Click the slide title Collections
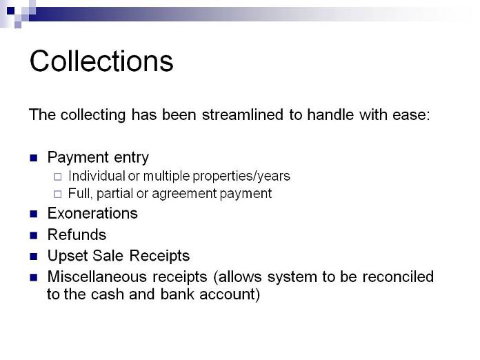click(101, 61)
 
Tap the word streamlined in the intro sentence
click(243, 114)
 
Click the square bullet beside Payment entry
click(33, 158)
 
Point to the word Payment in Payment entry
click(78, 158)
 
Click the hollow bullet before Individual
click(57, 177)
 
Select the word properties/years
click(241, 177)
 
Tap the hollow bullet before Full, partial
click(57, 194)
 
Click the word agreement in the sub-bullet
click(184, 194)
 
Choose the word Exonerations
click(92, 213)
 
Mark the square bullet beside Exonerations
click(33, 214)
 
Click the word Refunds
click(77, 234)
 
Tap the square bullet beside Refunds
click(33, 235)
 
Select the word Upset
click(68, 257)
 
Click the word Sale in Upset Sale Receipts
click(108, 256)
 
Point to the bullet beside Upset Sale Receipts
click(33, 257)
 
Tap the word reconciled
click(398, 277)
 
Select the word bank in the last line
click(177, 294)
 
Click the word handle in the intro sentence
click(330, 114)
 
